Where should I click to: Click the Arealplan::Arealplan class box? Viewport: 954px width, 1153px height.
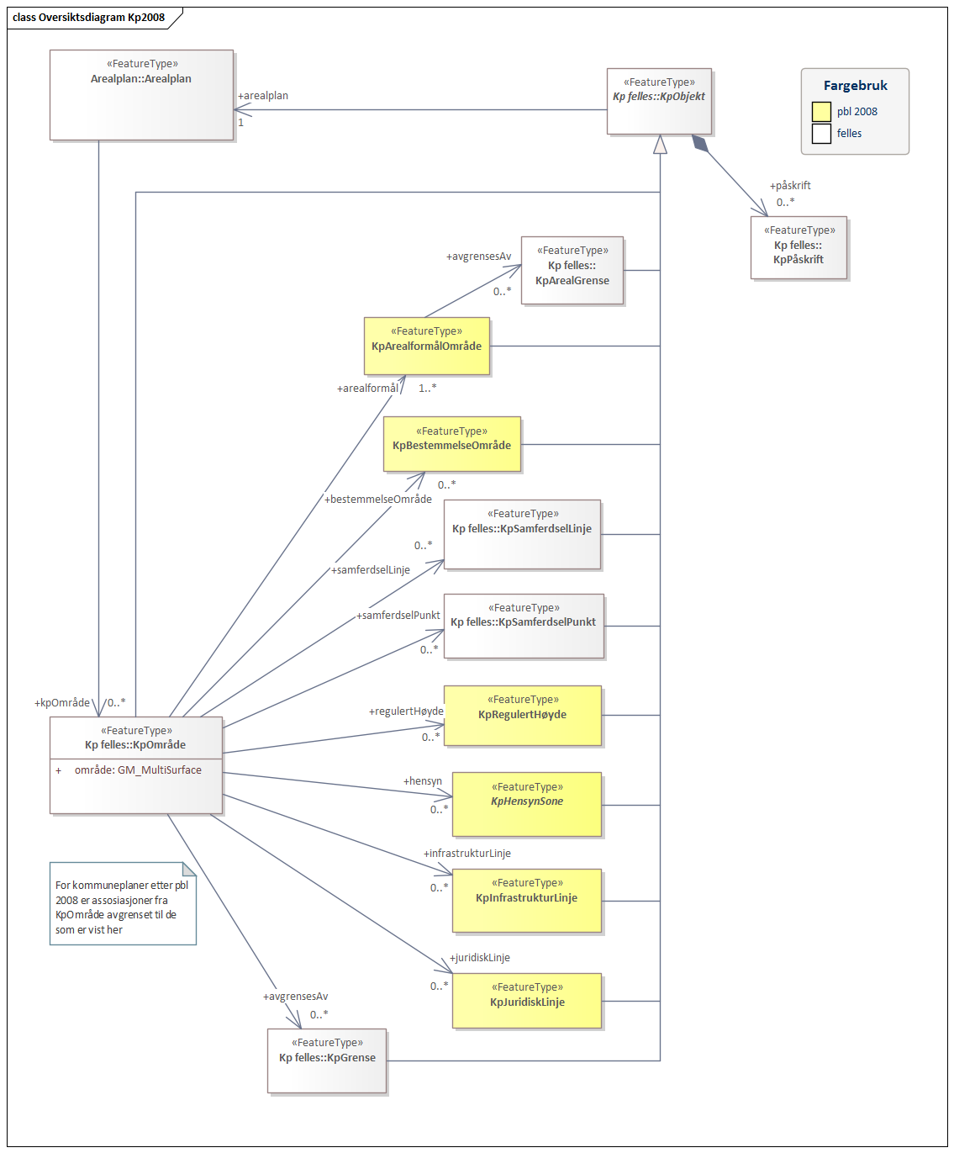tap(141, 94)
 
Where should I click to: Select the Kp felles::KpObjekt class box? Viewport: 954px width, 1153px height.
tap(659, 101)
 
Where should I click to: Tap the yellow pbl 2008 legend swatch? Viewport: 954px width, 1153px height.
tap(821, 112)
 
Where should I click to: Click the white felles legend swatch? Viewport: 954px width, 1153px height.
tap(821, 134)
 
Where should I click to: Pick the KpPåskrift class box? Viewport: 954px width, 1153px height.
tap(799, 247)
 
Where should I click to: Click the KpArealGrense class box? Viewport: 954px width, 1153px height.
tap(572, 270)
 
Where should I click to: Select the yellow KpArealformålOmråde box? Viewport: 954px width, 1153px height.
tap(426, 346)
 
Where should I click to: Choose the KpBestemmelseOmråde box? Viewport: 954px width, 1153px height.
tap(452, 444)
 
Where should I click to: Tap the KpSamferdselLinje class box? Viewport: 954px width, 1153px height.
tap(522, 534)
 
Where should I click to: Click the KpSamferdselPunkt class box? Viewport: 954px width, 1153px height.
tap(524, 626)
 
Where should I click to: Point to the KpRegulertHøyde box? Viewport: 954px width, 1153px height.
tap(523, 715)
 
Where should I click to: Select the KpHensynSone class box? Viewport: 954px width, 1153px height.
tap(527, 804)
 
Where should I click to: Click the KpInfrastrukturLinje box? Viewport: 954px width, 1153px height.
tap(527, 900)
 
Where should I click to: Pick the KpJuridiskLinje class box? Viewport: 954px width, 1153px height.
tap(527, 1000)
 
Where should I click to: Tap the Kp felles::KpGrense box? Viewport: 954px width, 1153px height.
tap(327, 1060)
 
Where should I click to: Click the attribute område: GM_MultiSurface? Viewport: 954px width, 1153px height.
tap(138, 770)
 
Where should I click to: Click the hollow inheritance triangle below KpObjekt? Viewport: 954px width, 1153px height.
tap(660, 145)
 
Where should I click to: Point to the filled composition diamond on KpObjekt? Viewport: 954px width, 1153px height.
tap(700, 143)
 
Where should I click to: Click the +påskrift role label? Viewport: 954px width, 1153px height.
tap(790, 186)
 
